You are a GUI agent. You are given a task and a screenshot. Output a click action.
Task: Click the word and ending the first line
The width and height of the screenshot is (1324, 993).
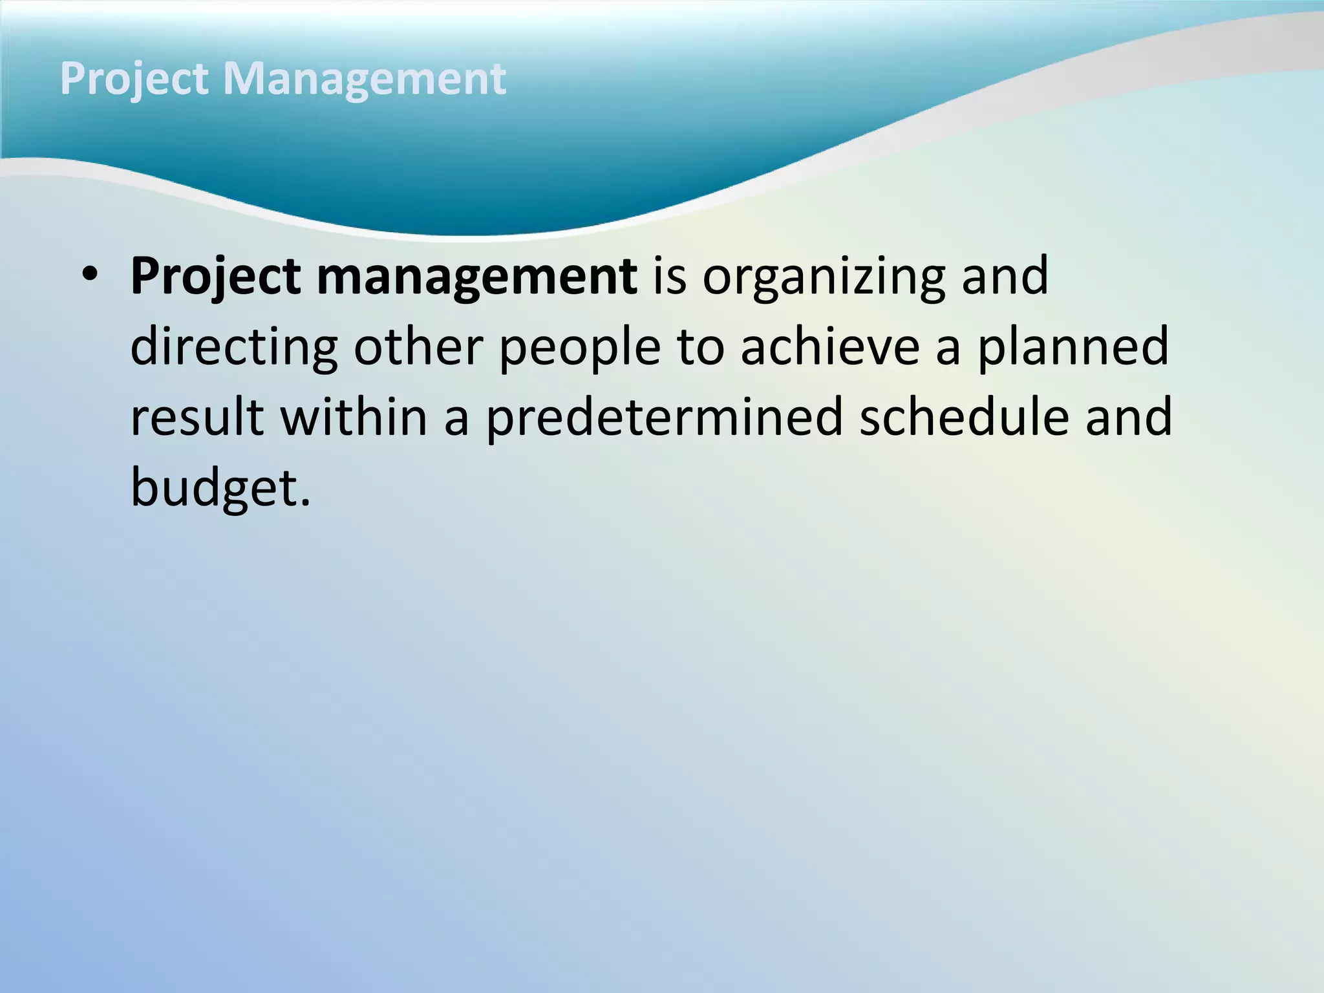[1005, 277]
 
